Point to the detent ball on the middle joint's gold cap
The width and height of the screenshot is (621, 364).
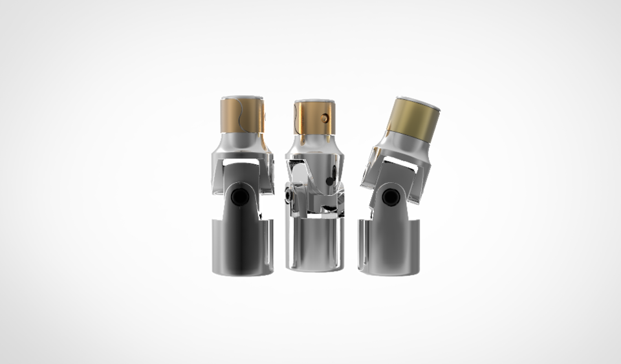click(325, 118)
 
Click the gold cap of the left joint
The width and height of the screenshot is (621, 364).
click(243, 116)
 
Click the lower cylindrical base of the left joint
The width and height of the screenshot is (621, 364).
click(242, 249)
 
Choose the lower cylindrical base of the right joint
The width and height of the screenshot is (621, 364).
click(391, 249)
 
